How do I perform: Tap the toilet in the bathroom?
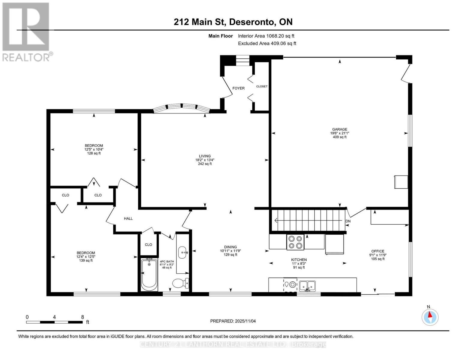(x=180, y=283)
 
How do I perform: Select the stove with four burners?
(x=295, y=242)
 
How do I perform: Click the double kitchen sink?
(x=307, y=285)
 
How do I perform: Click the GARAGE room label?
(x=339, y=129)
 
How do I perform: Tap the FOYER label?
(x=239, y=88)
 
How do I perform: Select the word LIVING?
(x=205, y=156)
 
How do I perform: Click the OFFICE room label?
(x=377, y=251)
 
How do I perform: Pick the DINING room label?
(x=230, y=247)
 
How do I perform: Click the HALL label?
(x=128, y=218)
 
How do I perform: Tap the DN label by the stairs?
(x=348, y=221)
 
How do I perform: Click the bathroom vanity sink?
(x=182, y=252)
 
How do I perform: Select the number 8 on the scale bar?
(x=83, y=317)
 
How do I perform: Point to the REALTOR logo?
(x=26, y=31)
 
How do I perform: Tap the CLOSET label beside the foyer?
(x=262, y=86)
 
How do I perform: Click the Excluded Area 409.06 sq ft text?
(x=267, y=43)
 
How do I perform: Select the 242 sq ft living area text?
(x=205, y=164)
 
